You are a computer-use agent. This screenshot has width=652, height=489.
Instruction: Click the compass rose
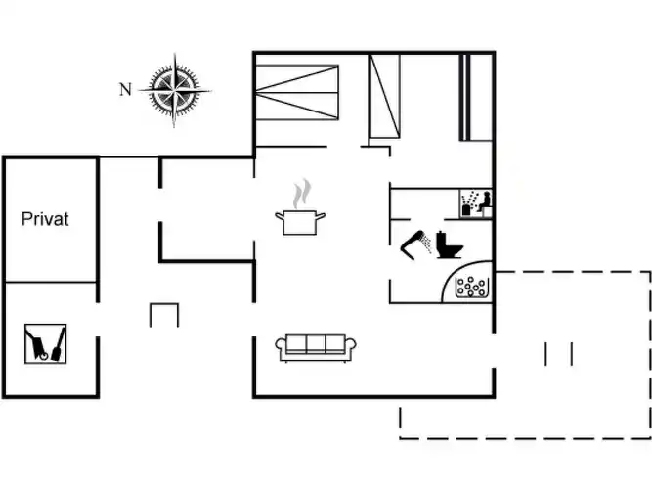[175, 89]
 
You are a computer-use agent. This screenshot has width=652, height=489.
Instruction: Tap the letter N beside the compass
[124, 90]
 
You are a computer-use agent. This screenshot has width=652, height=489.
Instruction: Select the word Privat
[45, 219]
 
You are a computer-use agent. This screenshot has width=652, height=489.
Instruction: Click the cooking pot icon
[301, 222]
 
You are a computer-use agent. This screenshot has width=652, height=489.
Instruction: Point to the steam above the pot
[305, 191]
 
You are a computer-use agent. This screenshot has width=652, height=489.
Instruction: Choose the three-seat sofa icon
[316, 346]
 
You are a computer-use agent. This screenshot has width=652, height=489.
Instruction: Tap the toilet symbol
[449, 244]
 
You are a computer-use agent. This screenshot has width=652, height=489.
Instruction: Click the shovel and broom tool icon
[47, 343]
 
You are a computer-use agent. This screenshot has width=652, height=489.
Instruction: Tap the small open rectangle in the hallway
[164, 315]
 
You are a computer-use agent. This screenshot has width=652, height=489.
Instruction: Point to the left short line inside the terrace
[547, 354]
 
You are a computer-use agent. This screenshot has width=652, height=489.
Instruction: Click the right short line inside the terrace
[571, 354]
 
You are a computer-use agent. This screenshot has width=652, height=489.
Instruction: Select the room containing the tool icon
[50, 338]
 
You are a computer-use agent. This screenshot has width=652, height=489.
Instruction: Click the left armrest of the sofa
[281, 347]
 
